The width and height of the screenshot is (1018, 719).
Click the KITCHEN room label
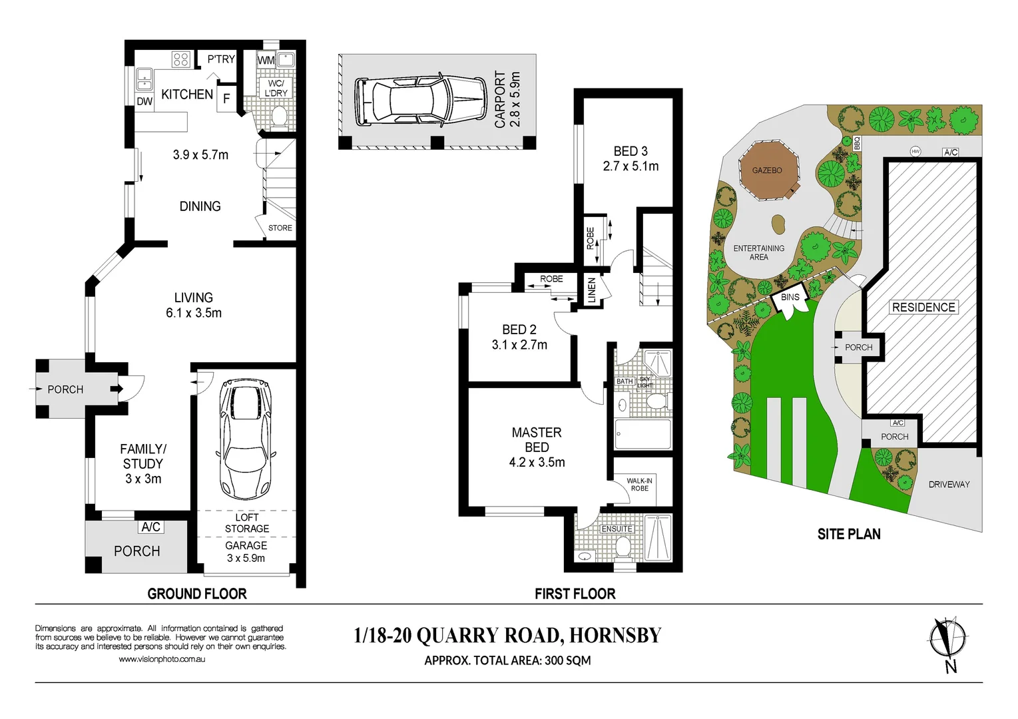click(187, 95)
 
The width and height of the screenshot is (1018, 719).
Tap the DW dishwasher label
click(144, 102)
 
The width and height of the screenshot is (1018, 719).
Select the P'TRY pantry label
click(221, 59)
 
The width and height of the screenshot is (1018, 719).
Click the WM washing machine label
click(266, 61)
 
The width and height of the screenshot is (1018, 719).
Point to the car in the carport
click(421, 101)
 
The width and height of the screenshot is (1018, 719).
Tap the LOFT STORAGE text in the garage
click(247, 523)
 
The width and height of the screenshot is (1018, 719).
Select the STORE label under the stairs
click(280, 228)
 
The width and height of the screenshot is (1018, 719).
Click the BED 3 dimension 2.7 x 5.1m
click(631, 166)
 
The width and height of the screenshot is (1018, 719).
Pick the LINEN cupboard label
click(592, 290)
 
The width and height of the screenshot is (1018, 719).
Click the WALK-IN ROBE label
click(639, 484)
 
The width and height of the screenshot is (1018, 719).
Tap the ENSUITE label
click(617, 529)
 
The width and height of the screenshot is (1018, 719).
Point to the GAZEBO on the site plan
click(767, 170)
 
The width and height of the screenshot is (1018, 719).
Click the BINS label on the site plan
click(790, 298)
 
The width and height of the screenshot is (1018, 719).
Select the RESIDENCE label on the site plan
click(923, 307)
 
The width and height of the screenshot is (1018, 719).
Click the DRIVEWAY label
click(949, 484)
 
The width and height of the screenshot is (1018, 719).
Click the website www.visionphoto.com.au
click(162, 659)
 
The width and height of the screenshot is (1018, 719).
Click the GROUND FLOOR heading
click(197, 594)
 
